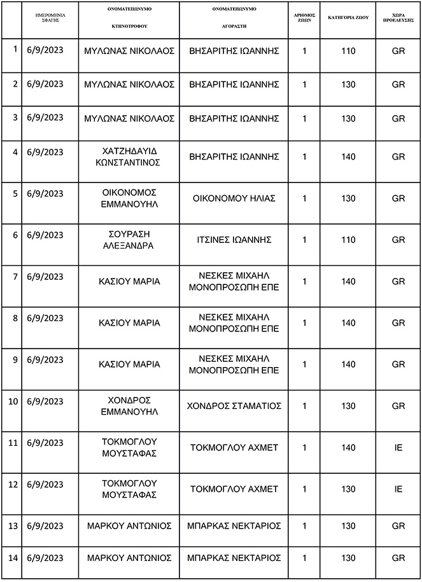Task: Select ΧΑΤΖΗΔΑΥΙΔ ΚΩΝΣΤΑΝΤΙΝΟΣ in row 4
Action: (x=129, y=156)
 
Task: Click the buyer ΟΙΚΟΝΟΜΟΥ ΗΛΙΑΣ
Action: (x=234, y=198)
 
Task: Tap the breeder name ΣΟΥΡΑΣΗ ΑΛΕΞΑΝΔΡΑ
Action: (x=129, y=239)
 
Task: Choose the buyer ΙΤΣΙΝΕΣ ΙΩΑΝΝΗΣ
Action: (x=234, y=240)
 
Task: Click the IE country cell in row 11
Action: (x=398, y=448)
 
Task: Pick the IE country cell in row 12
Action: (x=398, y=489)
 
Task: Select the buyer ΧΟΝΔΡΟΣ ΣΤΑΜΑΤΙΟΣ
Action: (x=234, y=406)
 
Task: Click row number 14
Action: (x=15, y=558)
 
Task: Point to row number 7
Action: (x=15, y=276)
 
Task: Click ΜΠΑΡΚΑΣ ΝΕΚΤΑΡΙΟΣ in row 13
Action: (x=234, y=525)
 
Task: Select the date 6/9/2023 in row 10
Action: (x=45, y=401)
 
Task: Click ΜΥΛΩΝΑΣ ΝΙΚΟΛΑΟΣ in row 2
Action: (x=129, y=83)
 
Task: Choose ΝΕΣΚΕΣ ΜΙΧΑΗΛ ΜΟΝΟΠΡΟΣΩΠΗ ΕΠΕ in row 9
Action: (x=234, y=364)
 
